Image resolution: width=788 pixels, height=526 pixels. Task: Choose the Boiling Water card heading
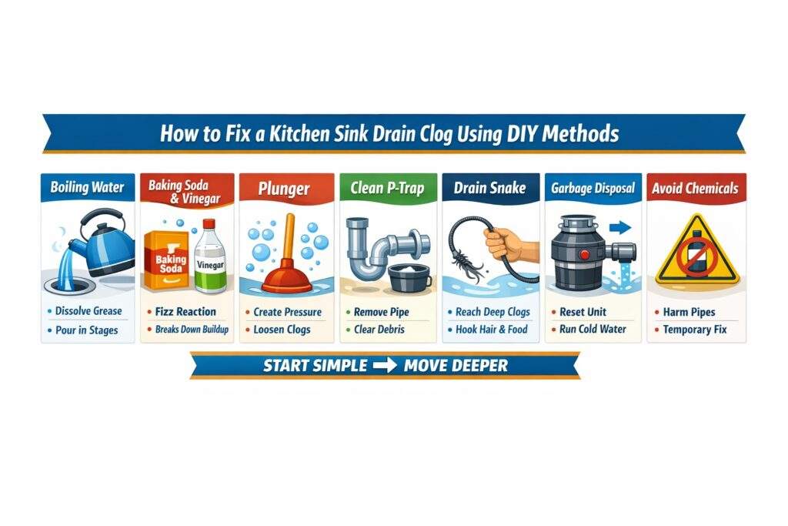88,187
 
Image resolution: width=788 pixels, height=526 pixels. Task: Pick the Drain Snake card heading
489,188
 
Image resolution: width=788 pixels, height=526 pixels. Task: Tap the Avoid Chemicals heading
696,188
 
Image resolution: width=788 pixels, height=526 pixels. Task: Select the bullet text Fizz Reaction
185,312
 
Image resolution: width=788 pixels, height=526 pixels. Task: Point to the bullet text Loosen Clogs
282,330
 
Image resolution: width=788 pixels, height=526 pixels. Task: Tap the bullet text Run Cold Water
592,330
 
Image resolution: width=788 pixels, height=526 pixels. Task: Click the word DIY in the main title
521,133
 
